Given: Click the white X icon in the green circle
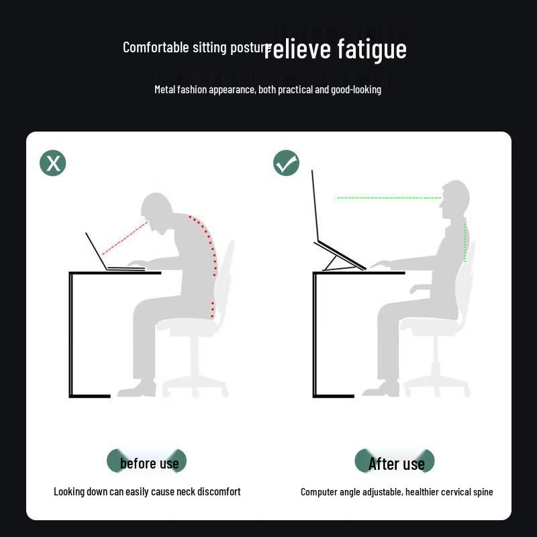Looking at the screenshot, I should coord(52,163).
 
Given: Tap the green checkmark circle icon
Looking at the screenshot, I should coord(286,163).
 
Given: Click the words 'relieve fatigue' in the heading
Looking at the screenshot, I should coord(336,49).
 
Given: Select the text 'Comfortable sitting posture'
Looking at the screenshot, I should coord(196,48).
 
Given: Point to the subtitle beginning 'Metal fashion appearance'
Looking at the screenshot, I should coord(268,89).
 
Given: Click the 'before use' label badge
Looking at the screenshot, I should coord(147,462).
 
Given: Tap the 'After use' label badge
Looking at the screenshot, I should coord(395,462).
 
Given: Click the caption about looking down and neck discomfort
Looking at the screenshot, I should coord(147,491).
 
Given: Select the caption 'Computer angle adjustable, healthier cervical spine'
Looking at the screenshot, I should coord(396,492).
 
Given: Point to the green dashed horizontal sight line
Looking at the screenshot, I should coord(388,198).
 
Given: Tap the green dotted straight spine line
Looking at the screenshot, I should coord(465,243).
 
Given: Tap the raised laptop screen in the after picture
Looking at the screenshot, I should coord(315,208).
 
